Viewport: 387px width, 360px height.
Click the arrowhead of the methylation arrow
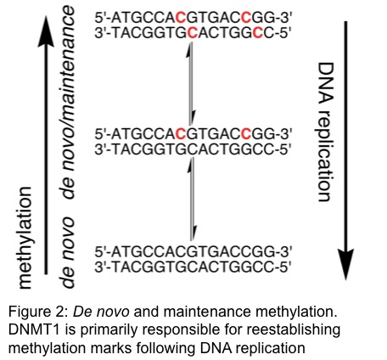46,31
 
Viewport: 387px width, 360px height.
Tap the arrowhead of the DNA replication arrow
345,265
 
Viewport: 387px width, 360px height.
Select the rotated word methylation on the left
25,238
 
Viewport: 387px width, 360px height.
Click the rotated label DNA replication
325,132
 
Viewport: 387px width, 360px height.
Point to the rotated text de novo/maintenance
69,102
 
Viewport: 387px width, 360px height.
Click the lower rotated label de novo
68,252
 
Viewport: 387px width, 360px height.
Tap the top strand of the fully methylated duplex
193,18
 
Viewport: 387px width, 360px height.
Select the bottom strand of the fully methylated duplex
193,33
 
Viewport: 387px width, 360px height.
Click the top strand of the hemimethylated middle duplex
193,133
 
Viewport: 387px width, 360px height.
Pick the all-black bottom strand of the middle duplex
193,149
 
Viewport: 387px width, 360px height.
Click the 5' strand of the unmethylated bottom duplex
193,251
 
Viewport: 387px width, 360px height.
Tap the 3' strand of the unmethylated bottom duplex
193,267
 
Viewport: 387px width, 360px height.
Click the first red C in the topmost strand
181,18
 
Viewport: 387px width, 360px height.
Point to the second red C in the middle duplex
246,133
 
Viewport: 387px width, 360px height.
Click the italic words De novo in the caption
101,312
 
